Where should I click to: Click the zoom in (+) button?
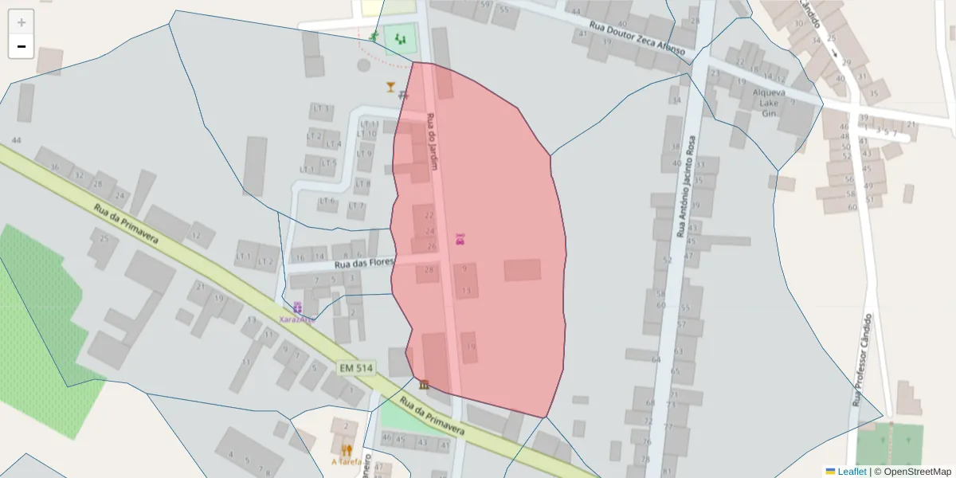pyautogui.click(x=22, y=22)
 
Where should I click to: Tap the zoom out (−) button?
pyautogui.click(x=22, y=46)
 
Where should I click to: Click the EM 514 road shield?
pyautogui.click(x=355, y=368)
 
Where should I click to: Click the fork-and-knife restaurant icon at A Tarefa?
pyautogui.click(x=347, y=449)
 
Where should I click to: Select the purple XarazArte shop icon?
pyautogui.click(x=297, y=307)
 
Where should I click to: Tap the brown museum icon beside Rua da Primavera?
pyautogui.click(x=423, y=386)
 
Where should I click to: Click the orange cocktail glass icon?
pyautogui.click(x=390, y=87)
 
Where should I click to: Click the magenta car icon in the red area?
pyautogui.click(x=460, y=239)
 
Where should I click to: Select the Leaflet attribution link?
pyautogui.click(x=852, y=472)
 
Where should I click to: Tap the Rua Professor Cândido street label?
pyautogui.click(x=862, y=359)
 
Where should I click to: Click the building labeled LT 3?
pyautogui.click(x=321, y=108)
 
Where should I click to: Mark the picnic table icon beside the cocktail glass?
pyautogui.click(x=404, y=94)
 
